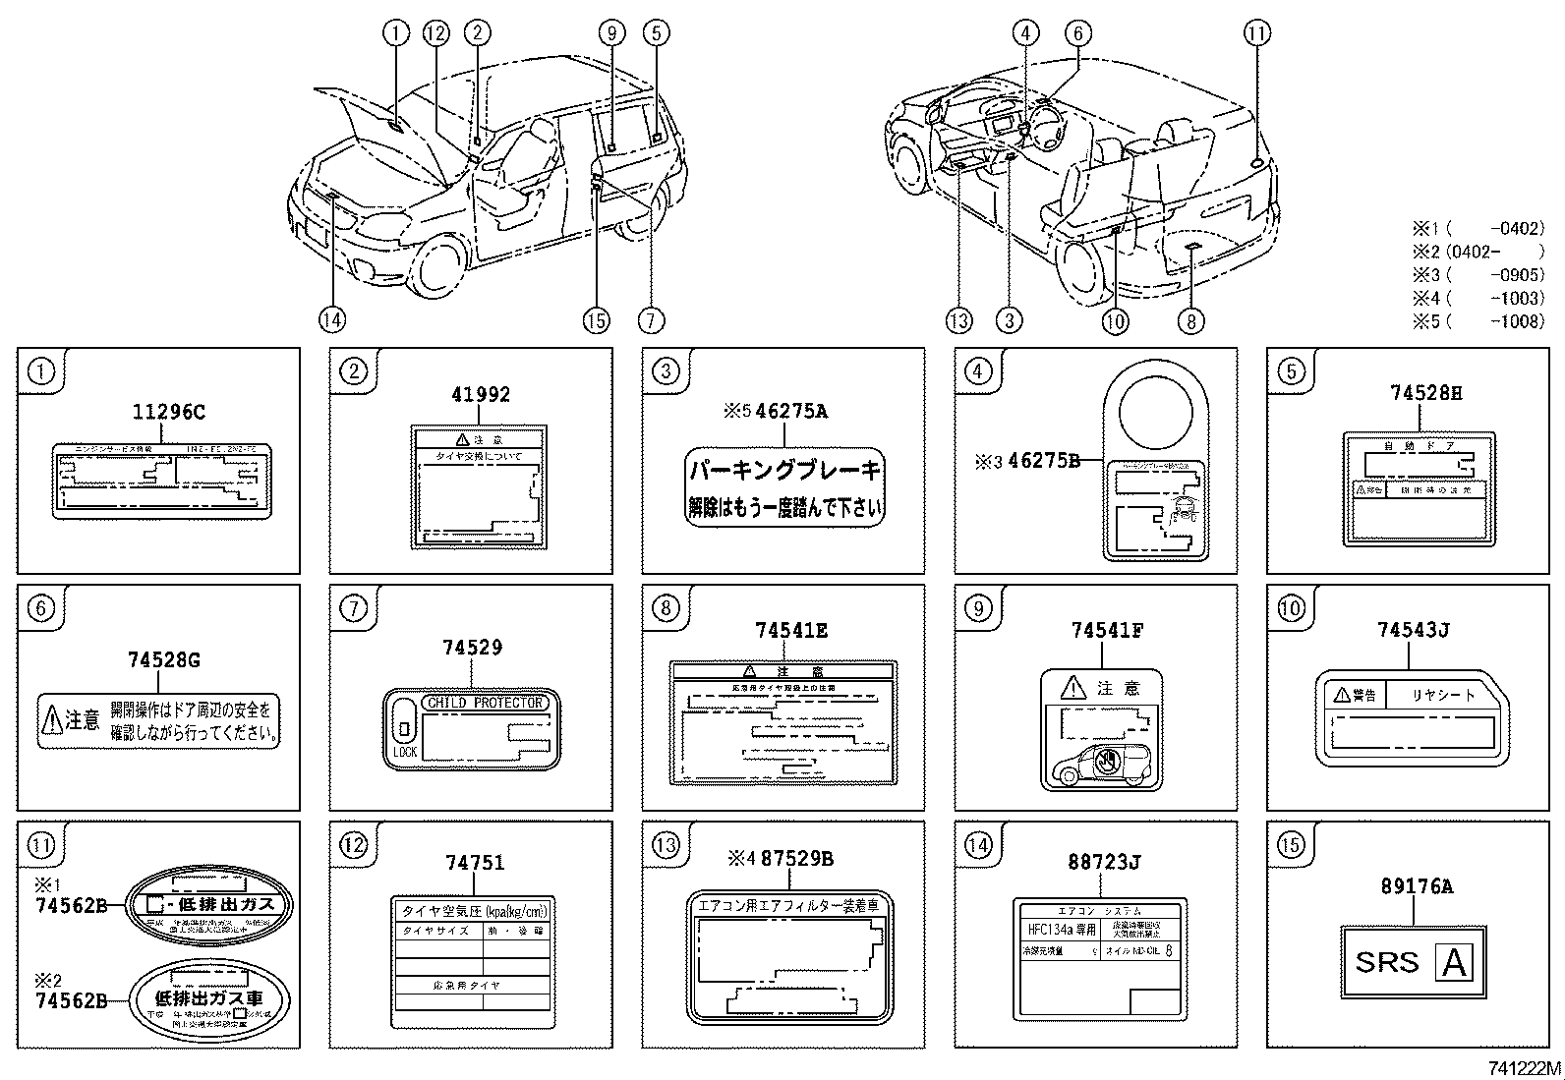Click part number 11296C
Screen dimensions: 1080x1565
click(x=168, y=413)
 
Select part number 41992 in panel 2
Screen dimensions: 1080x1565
click(x=481, y=395)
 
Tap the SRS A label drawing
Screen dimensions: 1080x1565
click(x=1415, y=962)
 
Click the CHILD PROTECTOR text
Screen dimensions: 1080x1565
click(x=484, y=703)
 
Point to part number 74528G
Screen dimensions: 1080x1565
click(x=163, y=660)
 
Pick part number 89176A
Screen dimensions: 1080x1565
click(x=1416, y=886)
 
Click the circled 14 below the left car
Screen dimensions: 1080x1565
click(x=332, y=319)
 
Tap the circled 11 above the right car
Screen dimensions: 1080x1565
click(x=1256, y=33)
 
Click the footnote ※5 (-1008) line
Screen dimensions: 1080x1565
click(x=1478, y=321)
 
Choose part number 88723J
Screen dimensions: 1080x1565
click(x=1104, y=863)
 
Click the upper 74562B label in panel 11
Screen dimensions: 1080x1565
click(x=70, y=906)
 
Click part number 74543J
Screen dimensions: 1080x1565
click(x=1414, y=631)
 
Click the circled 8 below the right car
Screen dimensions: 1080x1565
click(x=1189, y=320)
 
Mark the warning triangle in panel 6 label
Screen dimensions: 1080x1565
click(x=52, y=721)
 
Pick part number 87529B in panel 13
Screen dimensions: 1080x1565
click(x=796, y=859)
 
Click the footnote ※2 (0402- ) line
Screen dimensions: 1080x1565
click(x=1478, y=252)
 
